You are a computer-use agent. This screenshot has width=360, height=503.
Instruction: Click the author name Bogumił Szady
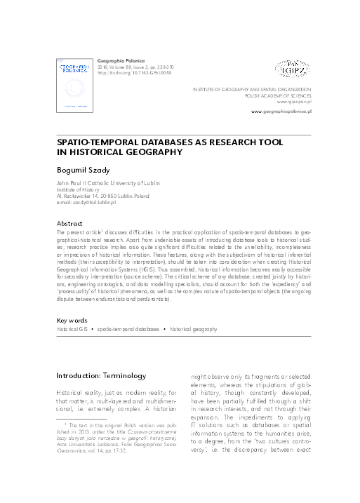80,170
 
